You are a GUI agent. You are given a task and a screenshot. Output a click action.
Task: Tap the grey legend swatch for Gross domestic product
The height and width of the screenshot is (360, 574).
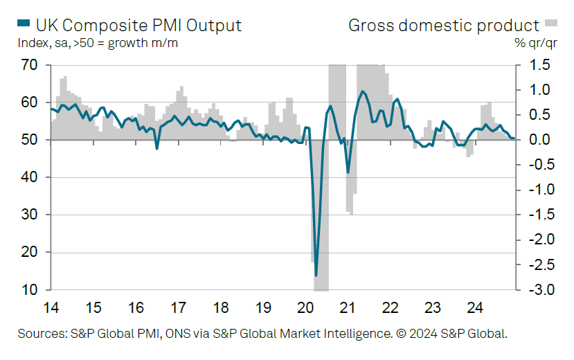(x=552, y=24)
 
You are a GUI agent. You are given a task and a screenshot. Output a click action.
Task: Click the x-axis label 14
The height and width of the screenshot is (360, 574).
(x=51, y=307)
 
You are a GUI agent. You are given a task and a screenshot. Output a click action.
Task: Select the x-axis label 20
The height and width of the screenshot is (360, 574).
(x=305, y=307)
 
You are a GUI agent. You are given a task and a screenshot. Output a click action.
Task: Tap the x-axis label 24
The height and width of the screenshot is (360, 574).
(x=474, y=307)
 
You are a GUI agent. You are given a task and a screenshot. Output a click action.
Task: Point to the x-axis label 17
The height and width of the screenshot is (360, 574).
(x=178, y=307)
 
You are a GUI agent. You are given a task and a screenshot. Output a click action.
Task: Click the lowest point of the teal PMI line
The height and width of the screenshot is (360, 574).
(x=316, y=276)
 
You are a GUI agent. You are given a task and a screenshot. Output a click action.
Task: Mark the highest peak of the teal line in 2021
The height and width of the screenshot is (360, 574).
(x=363, y=91)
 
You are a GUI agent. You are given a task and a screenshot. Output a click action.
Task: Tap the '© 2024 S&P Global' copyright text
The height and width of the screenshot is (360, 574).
(x=451, y=334)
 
